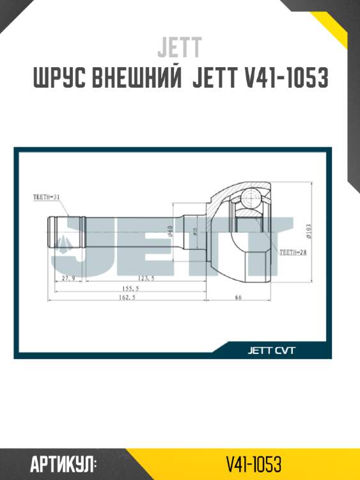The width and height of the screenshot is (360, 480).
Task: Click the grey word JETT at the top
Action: point(180,47)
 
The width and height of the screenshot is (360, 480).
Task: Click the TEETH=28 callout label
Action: point(293,252)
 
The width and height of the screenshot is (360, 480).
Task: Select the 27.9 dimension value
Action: point(68,278)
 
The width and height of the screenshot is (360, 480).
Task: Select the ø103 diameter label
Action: point(308,230)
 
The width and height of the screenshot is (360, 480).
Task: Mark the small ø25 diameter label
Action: point(195,230)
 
